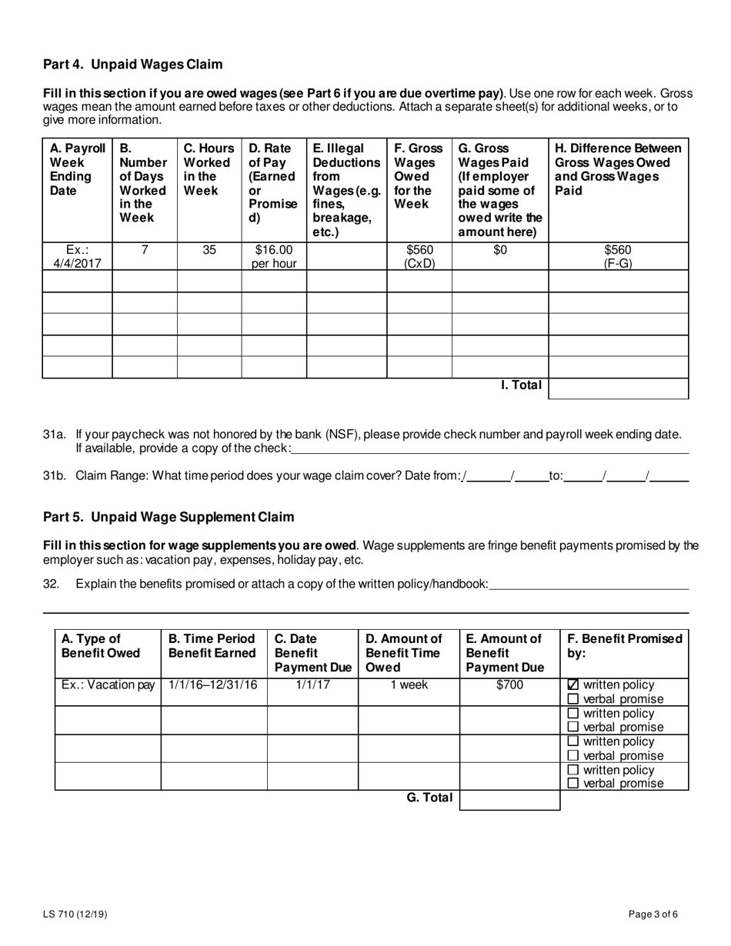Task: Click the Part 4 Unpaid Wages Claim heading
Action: click(x=132, y=64)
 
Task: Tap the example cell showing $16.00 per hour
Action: click(x=274, y=257)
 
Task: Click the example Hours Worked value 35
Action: click(x=209, y=250)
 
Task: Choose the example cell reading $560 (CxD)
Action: click(x=419, y=257)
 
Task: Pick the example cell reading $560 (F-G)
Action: click(x=618, y=257)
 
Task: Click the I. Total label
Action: click(x=521, y=385)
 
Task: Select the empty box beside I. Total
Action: click(x=618, y=388)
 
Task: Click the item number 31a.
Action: click(x=55, y=435)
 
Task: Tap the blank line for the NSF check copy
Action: click(x=489, y=449)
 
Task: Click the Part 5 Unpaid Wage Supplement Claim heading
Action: click(x=168, y=517)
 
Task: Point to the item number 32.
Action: click(x=51, y=584)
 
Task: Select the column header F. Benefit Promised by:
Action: click(x=624, y=646)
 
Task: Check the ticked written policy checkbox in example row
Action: click(x=572, y=685)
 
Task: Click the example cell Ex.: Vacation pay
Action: click(x=108, y=685)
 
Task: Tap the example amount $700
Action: click(x=509, y=685)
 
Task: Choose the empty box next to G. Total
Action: click(x=509, y=800)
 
